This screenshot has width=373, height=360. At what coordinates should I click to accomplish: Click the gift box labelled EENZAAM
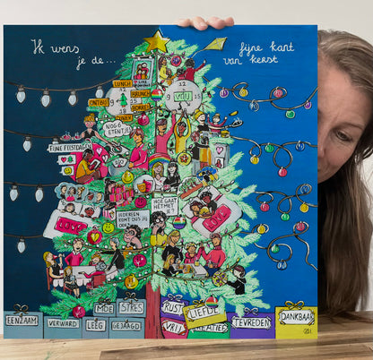[x=22, y=320]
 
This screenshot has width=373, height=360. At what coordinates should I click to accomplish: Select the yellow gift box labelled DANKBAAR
[x=296, y=317]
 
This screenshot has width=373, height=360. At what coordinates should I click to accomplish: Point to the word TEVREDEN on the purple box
[x=251, y=320]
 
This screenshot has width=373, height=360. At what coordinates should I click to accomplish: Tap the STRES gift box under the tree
[x=133, y=308]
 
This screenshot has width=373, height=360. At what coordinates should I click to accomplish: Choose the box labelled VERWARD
[x=63, y=323]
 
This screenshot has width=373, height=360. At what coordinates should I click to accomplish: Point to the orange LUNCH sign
[x=122, y=83]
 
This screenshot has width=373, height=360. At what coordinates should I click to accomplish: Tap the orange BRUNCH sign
[x=140, y=91]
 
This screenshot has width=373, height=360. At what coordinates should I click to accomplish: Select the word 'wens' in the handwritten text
[x=69, y=47]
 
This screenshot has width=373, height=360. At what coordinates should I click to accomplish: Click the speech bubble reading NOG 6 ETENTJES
[x=117, y=129]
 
